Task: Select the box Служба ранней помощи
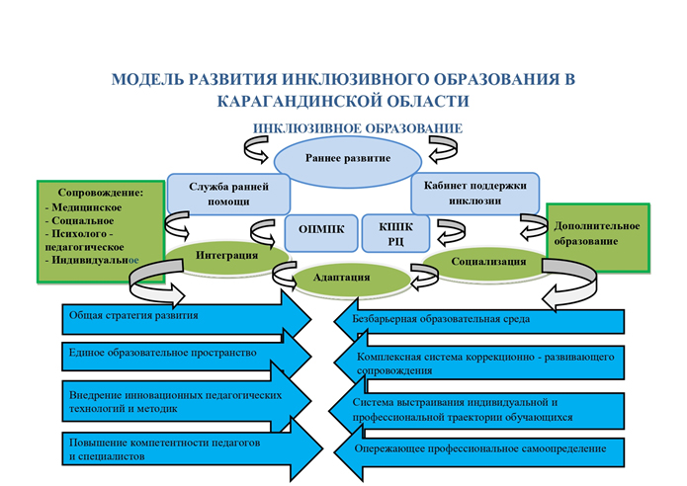(227, 193)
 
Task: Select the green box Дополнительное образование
(596, 233)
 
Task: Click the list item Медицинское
(85, 208)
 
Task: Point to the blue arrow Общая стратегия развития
(178, 318)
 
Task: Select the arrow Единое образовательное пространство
(178, 354)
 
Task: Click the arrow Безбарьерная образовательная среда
(484, 320)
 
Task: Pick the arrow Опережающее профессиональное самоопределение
(484, 449)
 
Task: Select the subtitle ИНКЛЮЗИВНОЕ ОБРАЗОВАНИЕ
(358, 128)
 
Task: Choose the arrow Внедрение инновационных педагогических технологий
(178, 401)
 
